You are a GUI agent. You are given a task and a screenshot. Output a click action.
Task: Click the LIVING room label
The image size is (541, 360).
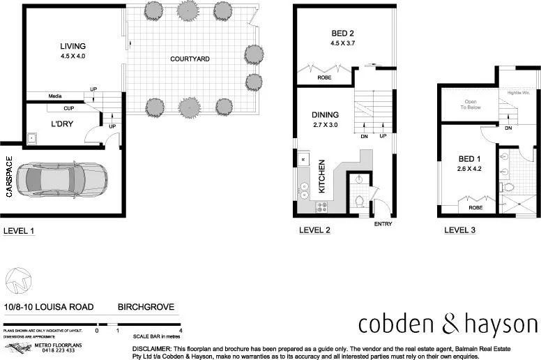(73, 46)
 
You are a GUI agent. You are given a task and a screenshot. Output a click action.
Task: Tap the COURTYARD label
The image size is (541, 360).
(190, 59)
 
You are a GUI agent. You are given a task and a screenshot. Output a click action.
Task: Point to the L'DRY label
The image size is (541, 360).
(63, 123)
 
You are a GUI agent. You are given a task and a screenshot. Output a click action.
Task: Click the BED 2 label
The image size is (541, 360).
(342, 33)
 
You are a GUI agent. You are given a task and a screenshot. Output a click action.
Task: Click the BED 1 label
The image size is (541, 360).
(467, 159)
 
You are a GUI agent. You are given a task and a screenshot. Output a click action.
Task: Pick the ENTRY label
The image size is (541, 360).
(383, 224)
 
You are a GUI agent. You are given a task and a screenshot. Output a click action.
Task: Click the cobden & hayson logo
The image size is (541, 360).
(448, 324)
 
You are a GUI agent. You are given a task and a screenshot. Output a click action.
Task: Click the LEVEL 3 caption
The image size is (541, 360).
(460, 230)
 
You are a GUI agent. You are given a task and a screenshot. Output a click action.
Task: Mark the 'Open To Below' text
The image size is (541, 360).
(468, 105)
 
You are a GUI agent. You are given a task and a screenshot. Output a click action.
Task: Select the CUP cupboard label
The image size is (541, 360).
(68, 108)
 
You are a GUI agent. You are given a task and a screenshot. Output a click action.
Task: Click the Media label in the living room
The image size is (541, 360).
(56, 96)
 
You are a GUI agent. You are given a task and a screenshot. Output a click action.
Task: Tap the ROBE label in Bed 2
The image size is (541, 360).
(324, 77)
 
